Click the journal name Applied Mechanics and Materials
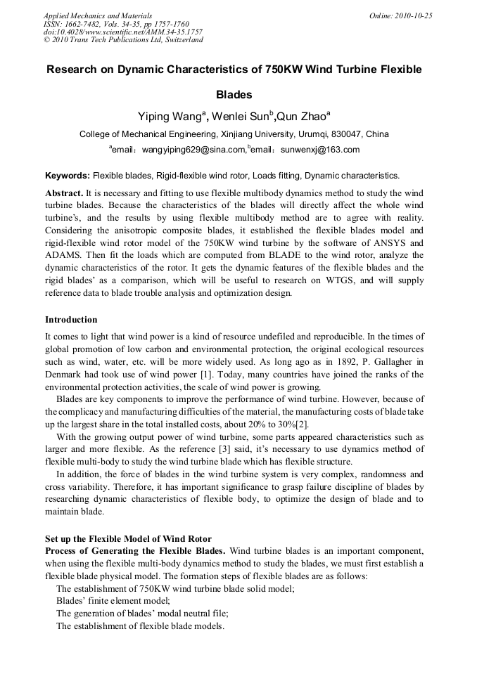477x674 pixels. (97, 15)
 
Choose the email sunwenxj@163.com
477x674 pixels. (319, 150)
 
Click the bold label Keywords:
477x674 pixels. (68, 175)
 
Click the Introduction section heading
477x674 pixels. (71, 320)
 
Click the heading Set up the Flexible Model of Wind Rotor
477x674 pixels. (128, 539)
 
